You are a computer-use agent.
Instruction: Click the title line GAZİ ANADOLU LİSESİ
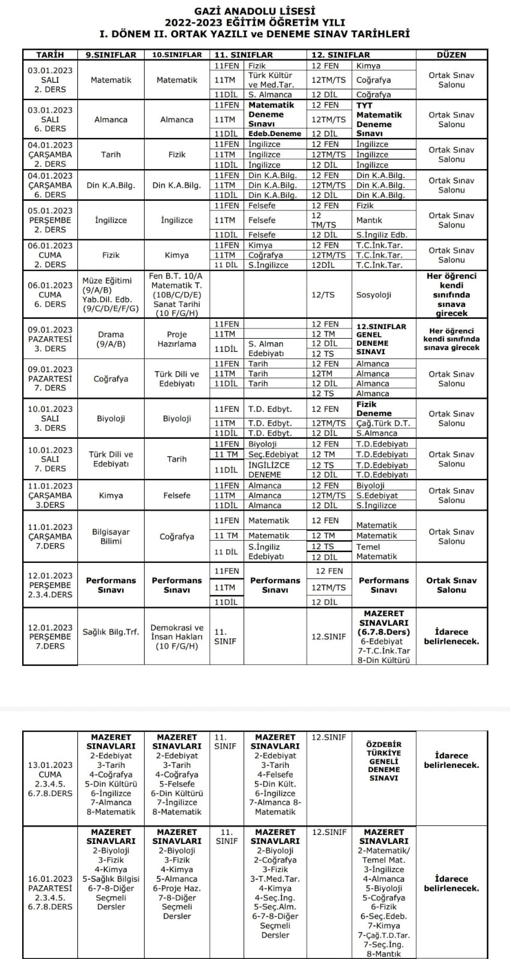[255, 11]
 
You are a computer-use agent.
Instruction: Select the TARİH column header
[50, 55]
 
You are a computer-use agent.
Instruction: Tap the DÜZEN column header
[451, 55]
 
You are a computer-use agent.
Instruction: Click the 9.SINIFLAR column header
[110, 55]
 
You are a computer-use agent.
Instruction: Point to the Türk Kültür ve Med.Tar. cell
[270, 80]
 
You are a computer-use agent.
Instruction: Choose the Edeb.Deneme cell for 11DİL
[274, 134]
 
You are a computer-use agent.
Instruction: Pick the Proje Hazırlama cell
[176, 339]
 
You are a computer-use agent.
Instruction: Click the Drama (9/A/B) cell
[110, 339]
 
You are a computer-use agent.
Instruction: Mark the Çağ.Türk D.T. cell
[382, 423]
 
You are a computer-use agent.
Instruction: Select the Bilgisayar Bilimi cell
[110, 536]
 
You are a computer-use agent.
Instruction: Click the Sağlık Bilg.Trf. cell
[110, 632]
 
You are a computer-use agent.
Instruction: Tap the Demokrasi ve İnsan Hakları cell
[176, 637]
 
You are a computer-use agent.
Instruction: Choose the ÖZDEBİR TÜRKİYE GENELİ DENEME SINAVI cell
[383, 761]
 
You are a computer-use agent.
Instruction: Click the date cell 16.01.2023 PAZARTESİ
[50, 888]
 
